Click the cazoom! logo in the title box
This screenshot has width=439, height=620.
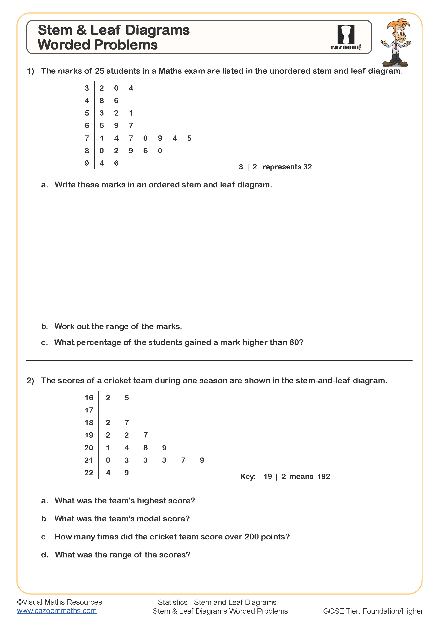pyautogui.click(x=346, y=37)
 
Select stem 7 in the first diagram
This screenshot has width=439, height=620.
pyautogui.click(x=87, y=138)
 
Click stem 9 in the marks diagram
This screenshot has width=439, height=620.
pyautogui.click(x=87, y=163)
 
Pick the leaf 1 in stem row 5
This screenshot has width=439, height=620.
pyautogui.click(x=131, y=113)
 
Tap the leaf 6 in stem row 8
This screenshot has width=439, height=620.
pyautogui.click(x=145, y=151)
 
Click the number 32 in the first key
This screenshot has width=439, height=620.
pyautogui.click(x=307, y=167)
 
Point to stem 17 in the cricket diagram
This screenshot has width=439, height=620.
pyautogui.click(x=89, y=410)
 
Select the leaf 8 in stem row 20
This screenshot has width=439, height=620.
pyautogui.click(x=145, y=448)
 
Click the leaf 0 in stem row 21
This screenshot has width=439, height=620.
pyautogui.click(x=108, y=460)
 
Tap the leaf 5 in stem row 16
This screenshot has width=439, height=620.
pyautogui.click(x=127, y=398)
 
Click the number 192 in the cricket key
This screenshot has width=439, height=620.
pyautogui.click(x=324, y=476)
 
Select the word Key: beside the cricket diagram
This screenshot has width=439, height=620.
pyautogui.click(x=248, y=476)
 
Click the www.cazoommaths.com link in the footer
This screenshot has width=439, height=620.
pyautogui.click(x=57, y=610)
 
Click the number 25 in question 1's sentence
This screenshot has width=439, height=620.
pyautogui.click(x=99, y=71)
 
